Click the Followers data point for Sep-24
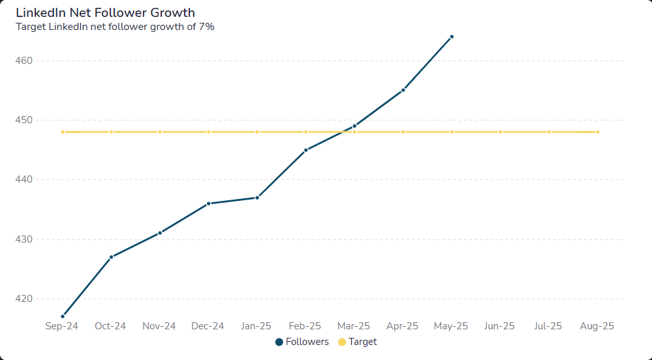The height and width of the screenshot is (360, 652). point(63,316)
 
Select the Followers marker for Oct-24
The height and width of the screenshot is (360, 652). point(112,257)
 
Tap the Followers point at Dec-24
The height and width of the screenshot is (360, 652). point(209,203)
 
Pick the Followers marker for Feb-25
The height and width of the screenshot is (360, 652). point(306,150)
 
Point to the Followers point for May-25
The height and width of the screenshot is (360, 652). point(452,37)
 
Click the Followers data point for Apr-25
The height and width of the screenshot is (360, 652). point(403,90)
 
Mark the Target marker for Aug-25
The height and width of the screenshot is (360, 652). point(598,132)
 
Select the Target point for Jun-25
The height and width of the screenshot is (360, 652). point(501,132)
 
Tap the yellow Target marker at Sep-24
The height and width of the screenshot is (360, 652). point(63,132)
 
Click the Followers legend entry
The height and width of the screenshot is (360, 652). point(302,342)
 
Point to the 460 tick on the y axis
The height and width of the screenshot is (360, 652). point(23,61)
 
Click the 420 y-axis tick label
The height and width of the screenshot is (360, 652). point(23,299)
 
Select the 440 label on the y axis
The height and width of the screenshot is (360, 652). point(23,179)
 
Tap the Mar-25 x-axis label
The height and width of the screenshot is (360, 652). point(354,326)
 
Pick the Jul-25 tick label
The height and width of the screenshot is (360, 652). point(548,326)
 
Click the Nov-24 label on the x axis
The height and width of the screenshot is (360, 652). point(159,326)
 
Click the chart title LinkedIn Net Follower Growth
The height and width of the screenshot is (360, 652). point(105,12)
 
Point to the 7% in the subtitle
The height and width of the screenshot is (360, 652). point(206,27)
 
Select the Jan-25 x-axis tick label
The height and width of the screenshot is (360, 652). point(256,326)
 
